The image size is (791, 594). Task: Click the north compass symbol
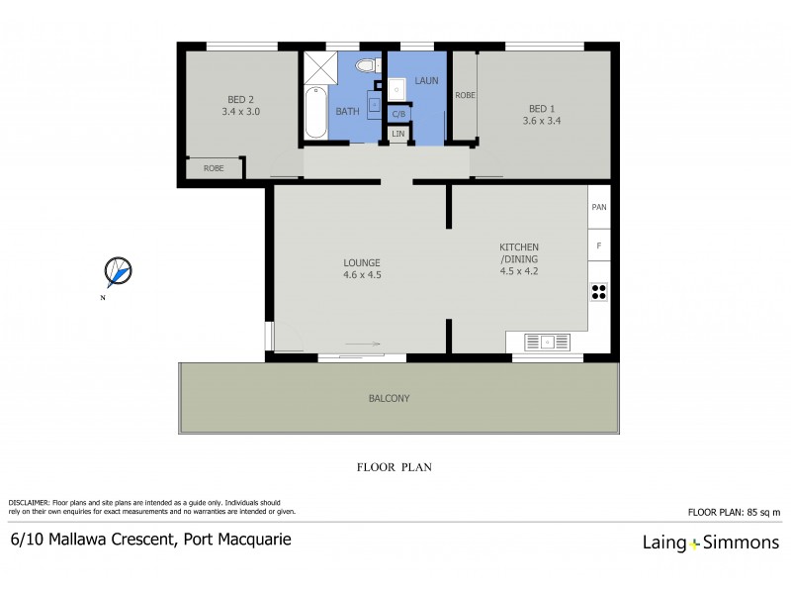coord(118,270)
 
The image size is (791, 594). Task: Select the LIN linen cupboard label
coord(397,134)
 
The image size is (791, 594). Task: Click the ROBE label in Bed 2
coord(214,168)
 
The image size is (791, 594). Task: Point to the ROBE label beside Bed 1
coord(464,95)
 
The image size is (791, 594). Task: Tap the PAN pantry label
coord(598,208)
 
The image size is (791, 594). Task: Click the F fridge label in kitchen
coord(598,245)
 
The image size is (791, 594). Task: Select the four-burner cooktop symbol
coord(598,291)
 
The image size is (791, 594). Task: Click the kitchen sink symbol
coord(546,342)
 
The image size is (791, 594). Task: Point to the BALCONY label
coord(389,398)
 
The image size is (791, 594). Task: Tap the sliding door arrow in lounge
coord(361,345)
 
